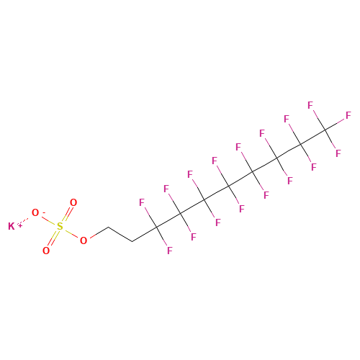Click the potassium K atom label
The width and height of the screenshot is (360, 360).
pos(12,226)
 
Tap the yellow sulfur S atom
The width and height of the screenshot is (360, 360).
pos(60,227)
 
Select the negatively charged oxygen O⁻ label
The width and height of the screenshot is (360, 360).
pos(35,212)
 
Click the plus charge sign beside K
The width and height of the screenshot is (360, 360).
pos(20,225)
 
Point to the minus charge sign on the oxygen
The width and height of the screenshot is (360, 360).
pos(44,212)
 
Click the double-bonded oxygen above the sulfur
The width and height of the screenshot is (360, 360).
pos(73,202)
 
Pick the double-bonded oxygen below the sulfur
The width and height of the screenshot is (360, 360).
pos(46,251)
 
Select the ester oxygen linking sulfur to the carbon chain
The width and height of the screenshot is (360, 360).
pos(84,240)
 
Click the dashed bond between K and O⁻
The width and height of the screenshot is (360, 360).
pos(23,221)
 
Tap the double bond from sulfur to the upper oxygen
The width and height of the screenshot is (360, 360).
pos(67,215)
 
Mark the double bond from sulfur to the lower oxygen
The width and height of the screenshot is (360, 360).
pos(53,239)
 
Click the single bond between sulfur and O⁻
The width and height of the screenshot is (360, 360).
pos(49,220)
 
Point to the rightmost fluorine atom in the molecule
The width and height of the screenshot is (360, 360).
pos(348,115)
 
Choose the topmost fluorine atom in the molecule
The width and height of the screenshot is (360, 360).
pos(310,105)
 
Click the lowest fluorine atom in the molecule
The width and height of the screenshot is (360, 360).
pos(170,251)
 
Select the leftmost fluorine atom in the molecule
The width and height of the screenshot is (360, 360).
pos(142,202)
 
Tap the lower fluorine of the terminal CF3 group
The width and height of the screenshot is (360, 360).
pos(338,153)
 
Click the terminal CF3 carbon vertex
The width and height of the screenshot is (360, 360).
pos(325,130)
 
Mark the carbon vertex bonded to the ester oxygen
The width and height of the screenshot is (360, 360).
pos(108,227)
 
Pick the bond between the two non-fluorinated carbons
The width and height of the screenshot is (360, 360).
pos(120,234)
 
